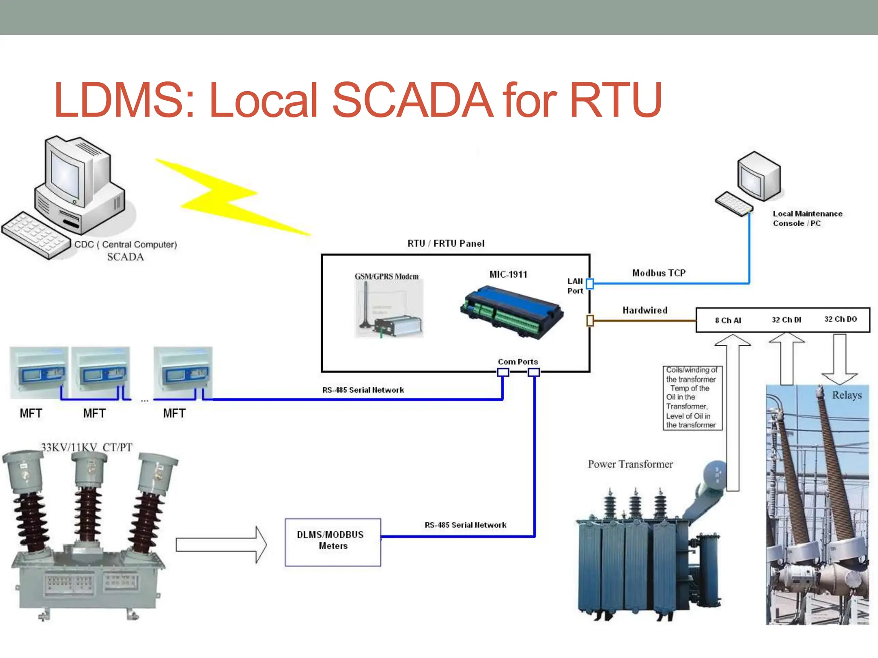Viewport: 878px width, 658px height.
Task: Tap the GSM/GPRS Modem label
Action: (x=386, y=276)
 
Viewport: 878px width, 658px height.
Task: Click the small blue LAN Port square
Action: (x=590, y=284)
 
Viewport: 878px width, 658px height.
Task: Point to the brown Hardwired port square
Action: (x=590, y=320)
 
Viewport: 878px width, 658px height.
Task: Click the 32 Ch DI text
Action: (x=786, y=320)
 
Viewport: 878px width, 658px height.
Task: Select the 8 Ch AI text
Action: (x=728, y=320)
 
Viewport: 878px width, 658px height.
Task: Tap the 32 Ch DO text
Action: (x=840, y=319)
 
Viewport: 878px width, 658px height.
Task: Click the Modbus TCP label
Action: (x=658, y=273)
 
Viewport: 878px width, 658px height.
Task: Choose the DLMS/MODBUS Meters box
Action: (x=333, y=542)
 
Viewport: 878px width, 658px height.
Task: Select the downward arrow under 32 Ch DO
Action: (x=839, y=360)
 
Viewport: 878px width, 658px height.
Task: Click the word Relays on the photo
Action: (x=847, y=395)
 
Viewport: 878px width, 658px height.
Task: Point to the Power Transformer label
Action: (x=630, y=464)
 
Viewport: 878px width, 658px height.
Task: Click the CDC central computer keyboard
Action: (x=36, y=235)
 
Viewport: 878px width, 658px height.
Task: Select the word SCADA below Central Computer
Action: (x=125, y=257)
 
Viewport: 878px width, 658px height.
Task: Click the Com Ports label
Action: (x=517, y=362)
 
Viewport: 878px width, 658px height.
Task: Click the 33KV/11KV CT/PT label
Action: (x=87, y=447)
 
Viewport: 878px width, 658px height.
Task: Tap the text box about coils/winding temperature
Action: (x=692, y=398)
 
